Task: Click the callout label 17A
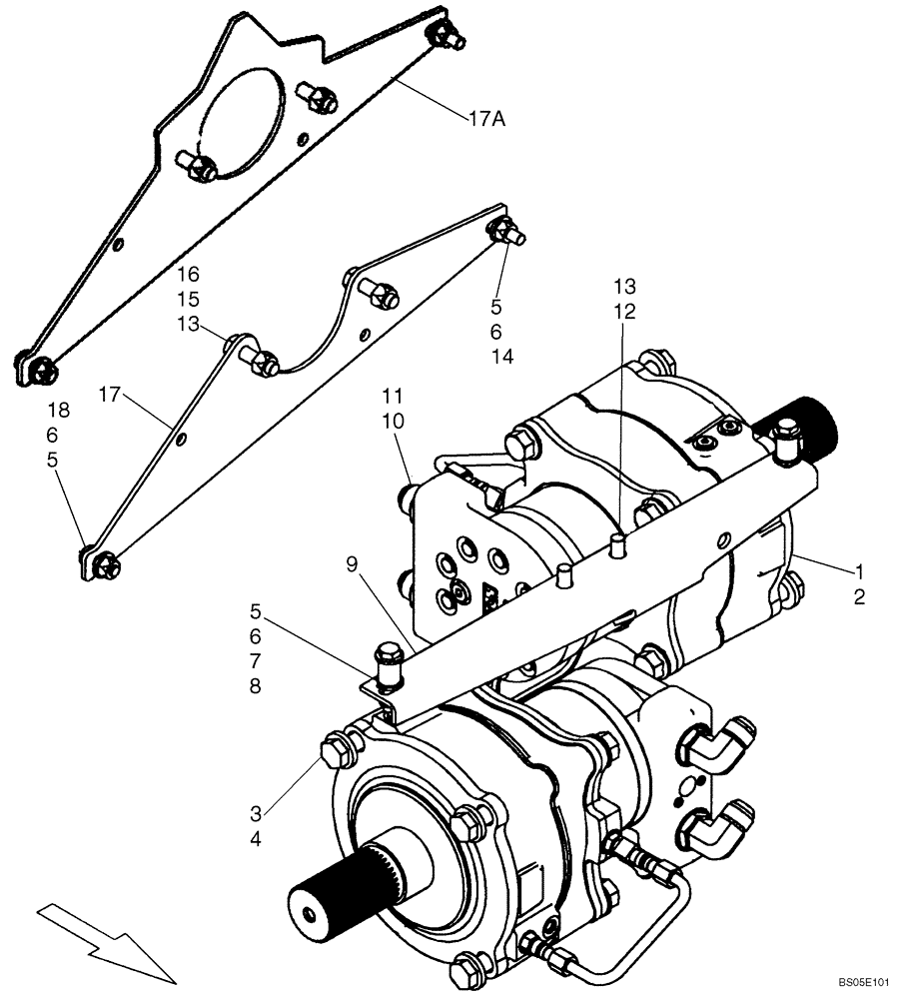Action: click(486, 118)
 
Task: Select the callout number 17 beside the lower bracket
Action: click(110, 396)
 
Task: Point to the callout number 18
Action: click(59, 410)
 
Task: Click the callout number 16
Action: click(188, 274)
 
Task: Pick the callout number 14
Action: click(502, 357)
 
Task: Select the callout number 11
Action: click(394, 397)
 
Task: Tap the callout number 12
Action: click(624, 312)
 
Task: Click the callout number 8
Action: click(256, 687)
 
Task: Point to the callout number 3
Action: click(256, 813)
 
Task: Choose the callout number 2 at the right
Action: click(860, 597)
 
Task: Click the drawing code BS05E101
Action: click(864, 983)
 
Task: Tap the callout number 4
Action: click(256, 839)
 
